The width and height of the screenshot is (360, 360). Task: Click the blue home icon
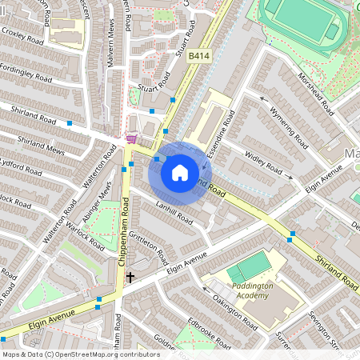180,172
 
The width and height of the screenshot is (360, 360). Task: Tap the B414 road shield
199,55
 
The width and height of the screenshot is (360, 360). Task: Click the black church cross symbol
130,278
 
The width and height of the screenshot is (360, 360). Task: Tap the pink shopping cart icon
130,139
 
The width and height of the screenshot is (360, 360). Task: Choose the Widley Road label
263,162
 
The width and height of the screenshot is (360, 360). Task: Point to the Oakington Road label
234,312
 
